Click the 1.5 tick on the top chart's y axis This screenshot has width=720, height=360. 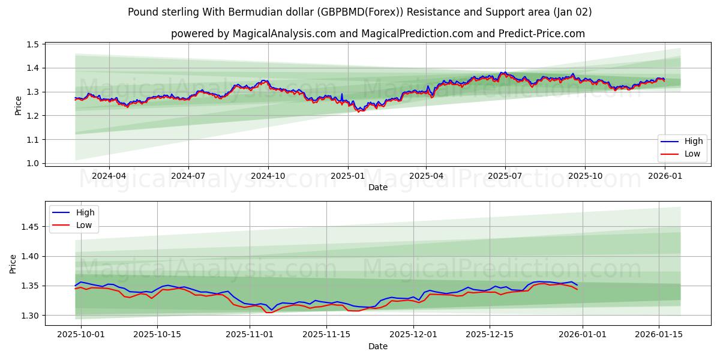pyautogui.click(x=32, y=44)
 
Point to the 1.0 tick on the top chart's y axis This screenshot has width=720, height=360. pyautogui.click(x=32, y=163)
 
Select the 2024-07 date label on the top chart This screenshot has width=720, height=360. pyautogui.click(x=188, y=176)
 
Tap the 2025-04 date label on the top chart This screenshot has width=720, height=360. pyautogui.click(x=426, y=176)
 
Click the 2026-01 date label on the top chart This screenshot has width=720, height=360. pyautogui.click(x=664, y=176)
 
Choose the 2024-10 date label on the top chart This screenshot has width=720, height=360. pyautogui.click(x=268, y=176)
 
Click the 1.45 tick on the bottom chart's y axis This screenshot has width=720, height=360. pyautogui.click(x=30, y=227)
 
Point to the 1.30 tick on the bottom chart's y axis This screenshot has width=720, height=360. pyautogui.click(x=30, y=316)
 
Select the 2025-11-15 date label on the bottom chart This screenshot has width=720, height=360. pyautogui.click(x=326, y=335)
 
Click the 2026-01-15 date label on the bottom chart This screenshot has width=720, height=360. pyautogui.click(x=659, y=335)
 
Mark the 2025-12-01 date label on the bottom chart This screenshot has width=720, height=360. pyautogui.click(x=413, y=335)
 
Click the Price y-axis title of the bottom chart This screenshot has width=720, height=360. pyautogui.click(x=13, y=263)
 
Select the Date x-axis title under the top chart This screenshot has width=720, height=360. pyautogui.click(x=378, y=187)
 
